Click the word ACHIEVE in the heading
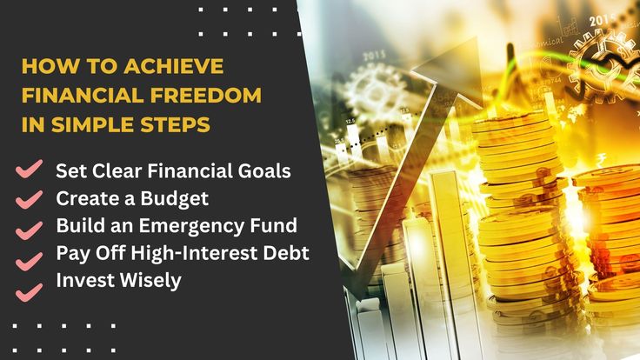click(x=173, y=66)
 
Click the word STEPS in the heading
click(x=176, y=124)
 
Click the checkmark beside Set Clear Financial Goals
click(x=29, y=169)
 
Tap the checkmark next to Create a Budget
click(x=29, y=200)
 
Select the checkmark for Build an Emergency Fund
click(x=29, y=230)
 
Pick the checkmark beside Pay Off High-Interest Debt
click(x=29, y=261)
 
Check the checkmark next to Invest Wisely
click(x=29, y=292)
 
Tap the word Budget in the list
click(x=175, y=199)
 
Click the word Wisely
click(x=150, y=281)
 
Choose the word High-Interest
click(x=194, y=254)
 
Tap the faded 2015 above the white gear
click(x=374, y=57)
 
